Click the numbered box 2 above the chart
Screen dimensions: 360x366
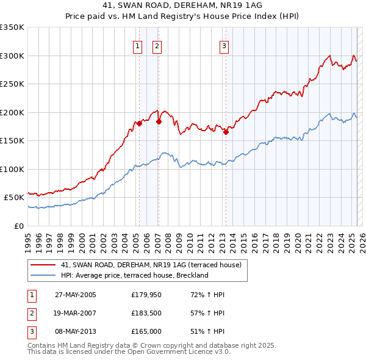(157, 45)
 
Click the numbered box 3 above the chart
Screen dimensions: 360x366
(224, 45)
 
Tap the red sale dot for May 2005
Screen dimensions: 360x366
(139, 123)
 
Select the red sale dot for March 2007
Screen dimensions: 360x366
(159, 121)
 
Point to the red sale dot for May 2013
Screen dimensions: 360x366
(226, 132)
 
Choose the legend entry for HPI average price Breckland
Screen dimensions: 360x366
(135, 275)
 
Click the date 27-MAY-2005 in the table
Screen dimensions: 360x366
(76, 295)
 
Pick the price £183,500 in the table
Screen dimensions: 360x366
(145, 313)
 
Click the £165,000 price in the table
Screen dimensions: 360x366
(145, 331)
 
